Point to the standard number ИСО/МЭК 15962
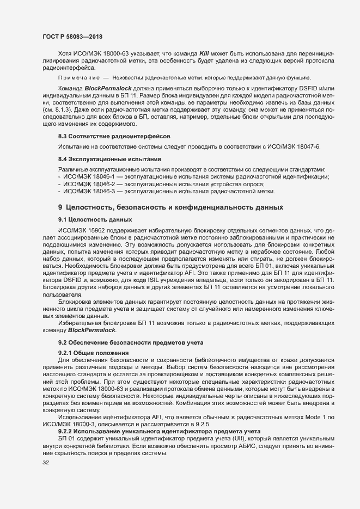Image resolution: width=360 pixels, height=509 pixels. click(x=84, y=230)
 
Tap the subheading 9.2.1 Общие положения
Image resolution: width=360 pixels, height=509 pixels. click(x=93, y=353)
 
